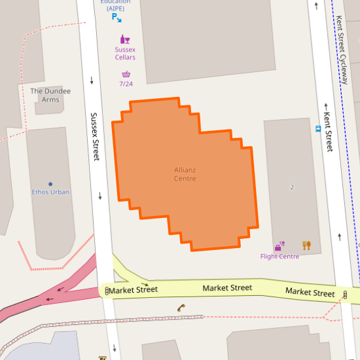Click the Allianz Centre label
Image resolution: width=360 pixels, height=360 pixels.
pos(185,174)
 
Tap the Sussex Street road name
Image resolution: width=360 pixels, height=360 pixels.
pos(96,137)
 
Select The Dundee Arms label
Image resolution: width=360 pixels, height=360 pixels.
pos(50,96)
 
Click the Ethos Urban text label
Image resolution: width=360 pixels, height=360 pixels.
pos(50,192)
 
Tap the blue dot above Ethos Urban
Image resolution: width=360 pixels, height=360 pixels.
pos(50,185)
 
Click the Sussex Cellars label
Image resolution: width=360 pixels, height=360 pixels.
pos(125,53)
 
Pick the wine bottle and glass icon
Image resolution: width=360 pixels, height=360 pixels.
pos(124,39)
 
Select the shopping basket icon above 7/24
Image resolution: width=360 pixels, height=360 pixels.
pos(126,74)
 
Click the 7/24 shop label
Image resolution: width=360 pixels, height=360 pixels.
pos(126,84)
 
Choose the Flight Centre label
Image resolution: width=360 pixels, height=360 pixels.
pos(279,256)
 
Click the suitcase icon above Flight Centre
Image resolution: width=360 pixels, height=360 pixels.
pos(279,246)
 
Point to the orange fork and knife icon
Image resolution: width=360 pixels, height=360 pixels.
pos(306,245)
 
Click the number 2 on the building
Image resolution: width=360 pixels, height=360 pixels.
pos(292,188)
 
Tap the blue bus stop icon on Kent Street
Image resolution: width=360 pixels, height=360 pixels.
pos(318,129)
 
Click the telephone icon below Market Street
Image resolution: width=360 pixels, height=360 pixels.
pos(181,307)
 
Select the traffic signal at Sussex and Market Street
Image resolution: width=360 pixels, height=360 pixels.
pos(107,290)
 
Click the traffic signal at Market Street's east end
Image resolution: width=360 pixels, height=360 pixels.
pos(345,295)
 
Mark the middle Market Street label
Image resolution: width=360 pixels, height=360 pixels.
pos(227,288)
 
